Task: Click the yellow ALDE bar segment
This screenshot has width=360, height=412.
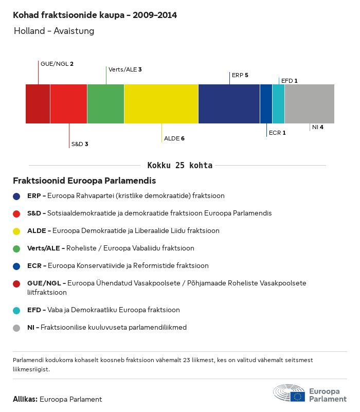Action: click(161, 104)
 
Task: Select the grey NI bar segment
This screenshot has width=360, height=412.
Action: click(310, 104)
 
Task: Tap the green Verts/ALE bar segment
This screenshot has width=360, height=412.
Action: click(105, 104)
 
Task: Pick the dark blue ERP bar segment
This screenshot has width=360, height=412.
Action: click(229, 104)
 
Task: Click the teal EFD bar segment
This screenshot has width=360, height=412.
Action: click(279, 104)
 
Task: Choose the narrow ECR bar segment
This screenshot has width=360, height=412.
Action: click(266, 104)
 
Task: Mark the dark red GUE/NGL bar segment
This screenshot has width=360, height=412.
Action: click(38, 104)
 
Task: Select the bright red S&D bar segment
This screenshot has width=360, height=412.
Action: click(68, 104)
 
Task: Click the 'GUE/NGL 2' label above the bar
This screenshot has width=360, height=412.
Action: click(57, 64)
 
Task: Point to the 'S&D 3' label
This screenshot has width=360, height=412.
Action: click(80, 144)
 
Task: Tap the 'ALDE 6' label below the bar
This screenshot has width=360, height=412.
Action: click(174, 138)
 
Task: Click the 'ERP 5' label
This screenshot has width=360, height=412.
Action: click(240, 75)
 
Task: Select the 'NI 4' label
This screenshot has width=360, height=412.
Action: click(318, 127)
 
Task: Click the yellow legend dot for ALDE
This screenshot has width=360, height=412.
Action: click(16, 231)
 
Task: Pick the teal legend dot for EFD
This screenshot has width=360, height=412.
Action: click(16, 311)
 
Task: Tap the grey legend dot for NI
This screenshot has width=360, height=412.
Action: click(16, 328)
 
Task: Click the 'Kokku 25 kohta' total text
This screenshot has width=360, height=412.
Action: click(179, 165)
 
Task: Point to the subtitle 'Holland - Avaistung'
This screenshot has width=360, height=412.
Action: click(54, 31)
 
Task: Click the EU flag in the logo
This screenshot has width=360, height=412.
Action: click(297, 397)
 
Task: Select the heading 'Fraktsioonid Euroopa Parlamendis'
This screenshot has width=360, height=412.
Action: click(84, 181)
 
